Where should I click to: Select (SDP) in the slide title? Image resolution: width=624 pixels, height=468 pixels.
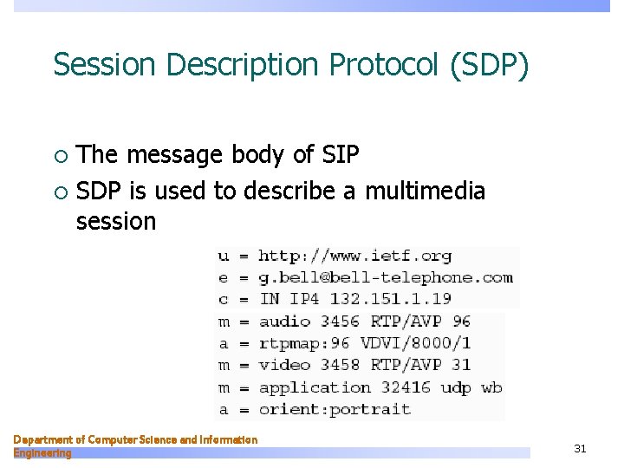coord(489,65)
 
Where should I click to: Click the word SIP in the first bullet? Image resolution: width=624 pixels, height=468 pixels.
coord(339,155)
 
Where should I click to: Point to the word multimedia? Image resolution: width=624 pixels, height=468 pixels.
coord(425,190)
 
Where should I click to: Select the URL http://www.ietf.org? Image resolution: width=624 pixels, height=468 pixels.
coord(355,256)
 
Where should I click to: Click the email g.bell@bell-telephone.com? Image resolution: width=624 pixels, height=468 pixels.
coord(386,277)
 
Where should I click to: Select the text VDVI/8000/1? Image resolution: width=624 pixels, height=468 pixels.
coord(415,343)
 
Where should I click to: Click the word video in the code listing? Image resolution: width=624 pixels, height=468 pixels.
coord(285,365)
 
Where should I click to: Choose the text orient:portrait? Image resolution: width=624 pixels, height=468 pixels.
coord(335,408)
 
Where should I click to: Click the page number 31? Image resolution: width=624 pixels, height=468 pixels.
coord(580,448)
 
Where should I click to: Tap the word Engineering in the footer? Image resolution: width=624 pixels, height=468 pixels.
coord(42,452)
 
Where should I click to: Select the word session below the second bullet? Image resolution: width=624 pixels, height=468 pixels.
coord(116,222)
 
